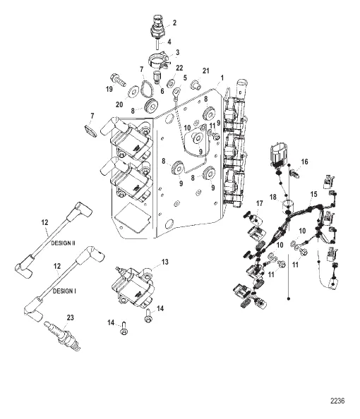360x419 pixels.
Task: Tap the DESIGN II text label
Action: click(63, 243)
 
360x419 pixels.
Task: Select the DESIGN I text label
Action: click(64, 291)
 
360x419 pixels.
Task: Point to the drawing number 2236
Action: click(337, 401)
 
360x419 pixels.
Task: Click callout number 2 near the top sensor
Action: click(174, 23)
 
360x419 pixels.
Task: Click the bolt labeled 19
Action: click(118, 80)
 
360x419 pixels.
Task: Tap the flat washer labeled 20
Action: click(133, 92)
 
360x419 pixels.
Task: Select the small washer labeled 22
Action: click(170, 83)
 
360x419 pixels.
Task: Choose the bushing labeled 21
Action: click(196, 85)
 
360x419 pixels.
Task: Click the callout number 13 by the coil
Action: click(165, 262)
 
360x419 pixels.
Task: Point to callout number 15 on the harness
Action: click(313, 194)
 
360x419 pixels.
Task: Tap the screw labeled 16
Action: click(294, 173)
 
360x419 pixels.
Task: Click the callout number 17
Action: click(260, 204)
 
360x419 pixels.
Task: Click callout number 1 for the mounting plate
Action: click(222, 78)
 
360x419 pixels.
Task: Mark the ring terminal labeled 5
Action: click(176, 95)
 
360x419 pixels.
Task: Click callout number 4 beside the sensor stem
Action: click(169, 42)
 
